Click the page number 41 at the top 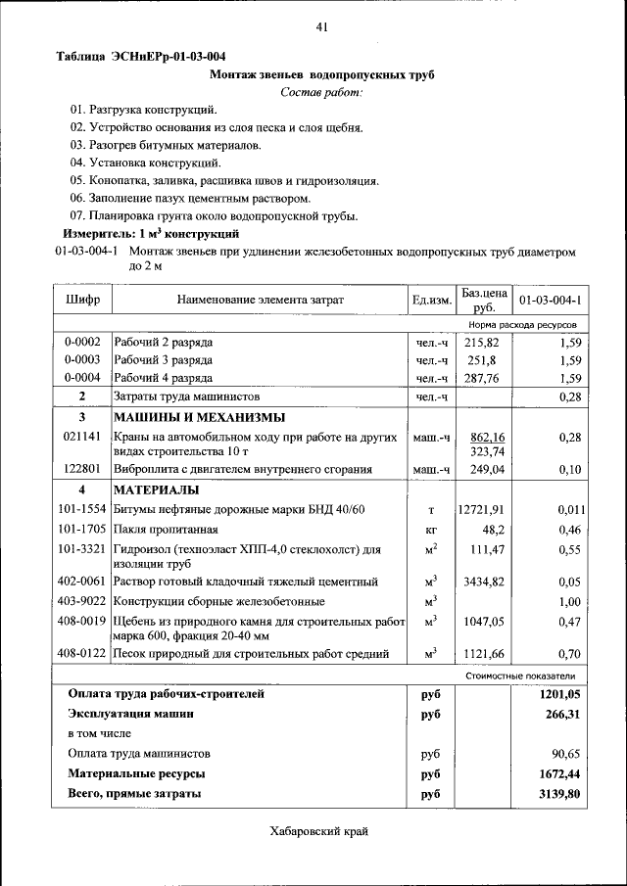320,26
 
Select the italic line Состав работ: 321,92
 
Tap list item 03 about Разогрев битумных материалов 166,145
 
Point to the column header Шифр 82,299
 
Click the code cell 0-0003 82,360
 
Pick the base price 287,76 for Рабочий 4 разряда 482,378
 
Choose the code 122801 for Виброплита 82,470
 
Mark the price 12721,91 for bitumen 482,510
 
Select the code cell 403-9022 82,601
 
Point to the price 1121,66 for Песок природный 482,653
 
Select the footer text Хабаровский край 320,831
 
